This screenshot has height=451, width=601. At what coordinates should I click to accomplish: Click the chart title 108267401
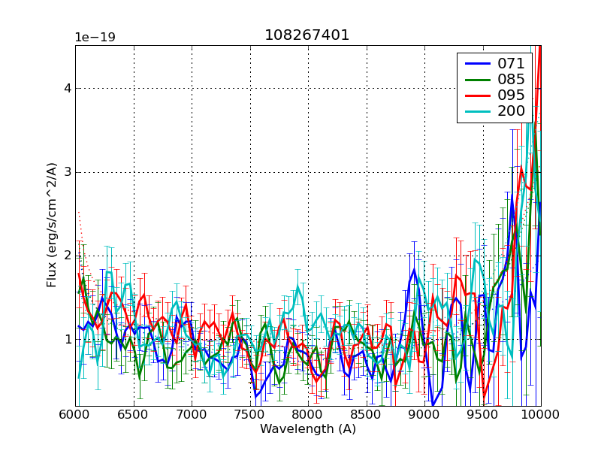coord(307,35)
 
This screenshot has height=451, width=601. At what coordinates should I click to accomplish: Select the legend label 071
coord(511,63)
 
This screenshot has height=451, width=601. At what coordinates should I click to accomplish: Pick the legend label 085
coord(511,79)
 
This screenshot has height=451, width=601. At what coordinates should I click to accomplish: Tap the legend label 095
coord(511,95)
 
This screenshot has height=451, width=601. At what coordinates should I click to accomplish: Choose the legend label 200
coord(511,112)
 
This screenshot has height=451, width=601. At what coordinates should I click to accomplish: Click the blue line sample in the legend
coord(476,63)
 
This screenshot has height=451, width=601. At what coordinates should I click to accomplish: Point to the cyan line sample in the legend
coord(476,112)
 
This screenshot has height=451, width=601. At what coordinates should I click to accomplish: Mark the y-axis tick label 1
coord(67,340)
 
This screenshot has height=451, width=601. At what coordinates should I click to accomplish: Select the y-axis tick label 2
coord(67,256)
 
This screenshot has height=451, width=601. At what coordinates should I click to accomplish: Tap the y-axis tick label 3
coord(67,172)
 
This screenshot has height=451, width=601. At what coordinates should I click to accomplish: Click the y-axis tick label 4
coord(67,88)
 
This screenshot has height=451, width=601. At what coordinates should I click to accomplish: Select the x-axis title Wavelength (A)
coord(308,429)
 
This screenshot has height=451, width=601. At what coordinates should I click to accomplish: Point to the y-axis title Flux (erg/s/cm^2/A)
coord(52,225)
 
